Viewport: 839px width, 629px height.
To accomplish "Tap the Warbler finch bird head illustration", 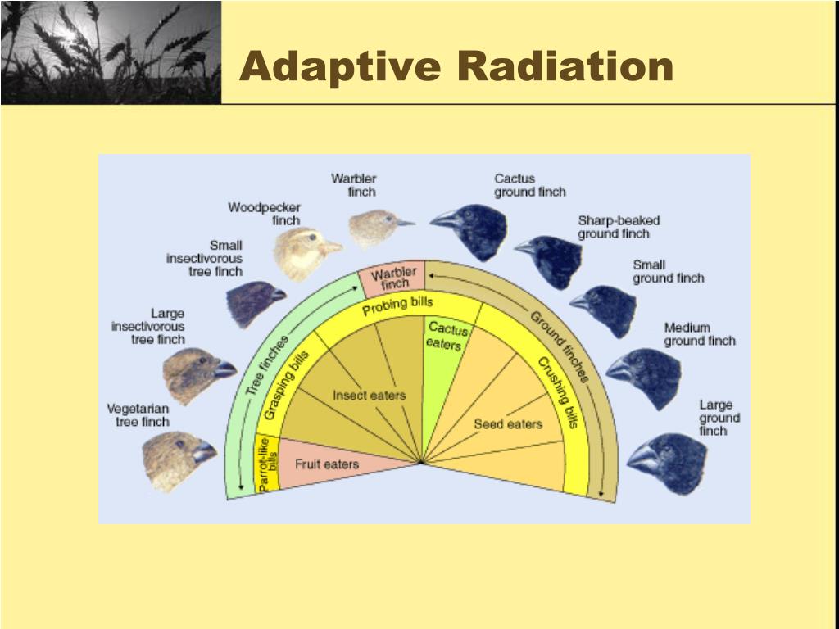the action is [x=377, y=229].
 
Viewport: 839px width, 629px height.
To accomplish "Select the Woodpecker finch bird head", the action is [x=303, y=252].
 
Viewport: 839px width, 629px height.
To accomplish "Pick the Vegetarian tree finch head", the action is [x=176, y=459].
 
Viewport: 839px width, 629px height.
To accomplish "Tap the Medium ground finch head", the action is [x=646, y=376].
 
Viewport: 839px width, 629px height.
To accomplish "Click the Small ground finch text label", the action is [x=668, y=271].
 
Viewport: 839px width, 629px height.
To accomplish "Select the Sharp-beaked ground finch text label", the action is [x=619, y=227].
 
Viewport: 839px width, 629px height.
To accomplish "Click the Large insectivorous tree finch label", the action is [x=148, y=326].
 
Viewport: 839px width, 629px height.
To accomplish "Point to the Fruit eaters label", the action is [x=327, y=464].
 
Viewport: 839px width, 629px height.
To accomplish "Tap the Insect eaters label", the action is [x=369, y=396].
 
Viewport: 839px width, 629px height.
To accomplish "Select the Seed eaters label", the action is [x=508, y=423].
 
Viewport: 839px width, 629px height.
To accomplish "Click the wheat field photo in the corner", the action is [x=110, y=52].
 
